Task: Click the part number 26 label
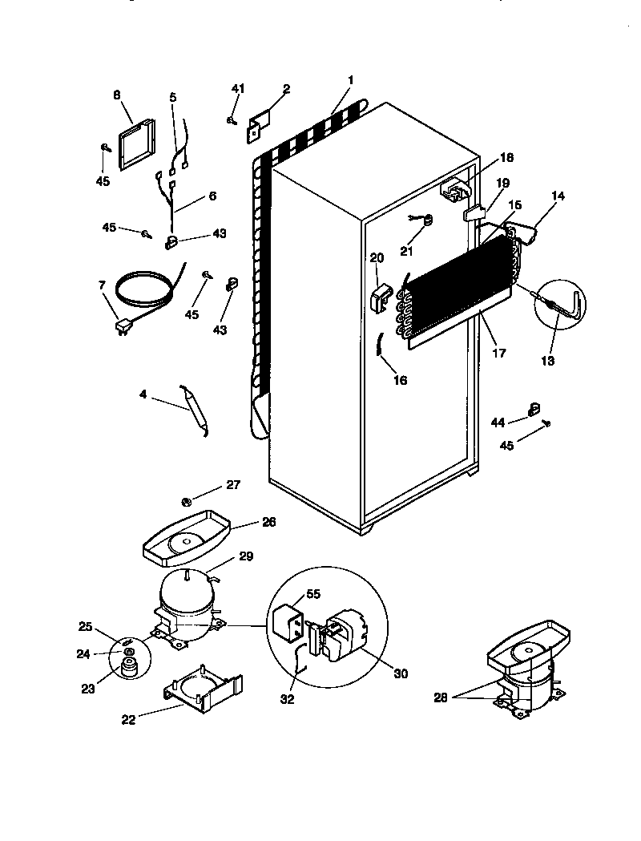point(268,522)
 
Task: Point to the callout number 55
point(313,595)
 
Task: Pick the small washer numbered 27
point(187,503)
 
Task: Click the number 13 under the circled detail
point(547,361)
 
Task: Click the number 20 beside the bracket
point(377,258)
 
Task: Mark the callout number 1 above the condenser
point(350,80)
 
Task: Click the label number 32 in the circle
point(288,699)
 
